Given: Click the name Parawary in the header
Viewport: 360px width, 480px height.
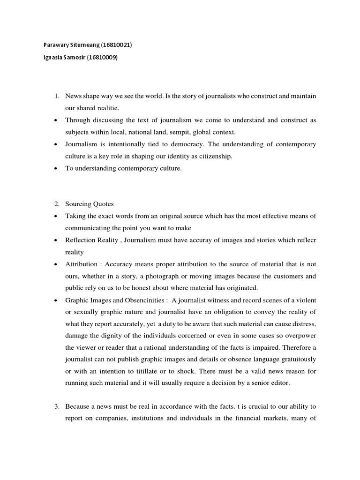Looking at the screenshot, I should tap(51, 45).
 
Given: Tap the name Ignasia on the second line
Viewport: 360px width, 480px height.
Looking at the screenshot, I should tap(48, 58).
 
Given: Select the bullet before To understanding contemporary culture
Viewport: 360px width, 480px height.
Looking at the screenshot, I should tap(56, 168).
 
